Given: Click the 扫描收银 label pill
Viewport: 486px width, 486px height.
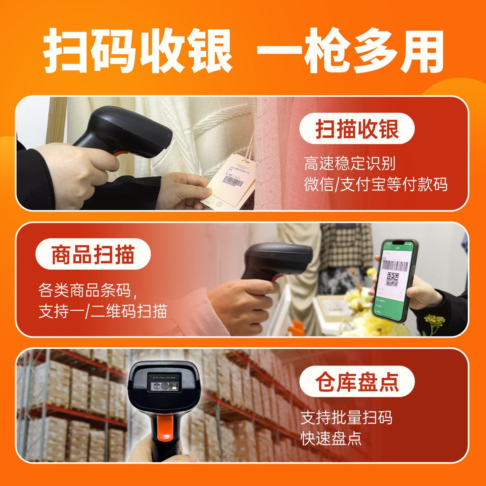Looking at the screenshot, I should pyautogui.click(x=357, y=129).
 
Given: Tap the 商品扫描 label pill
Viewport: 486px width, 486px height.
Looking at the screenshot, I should pyautogui.click(x=93, y=254).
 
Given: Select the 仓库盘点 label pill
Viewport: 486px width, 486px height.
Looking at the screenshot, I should pyautogui.click(x=357, y=382).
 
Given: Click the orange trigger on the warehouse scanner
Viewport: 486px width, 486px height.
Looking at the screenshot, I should pyautogui.click(x=165, y=427).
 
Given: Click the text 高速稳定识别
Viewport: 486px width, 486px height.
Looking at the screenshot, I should pyautogui.click(x=350, y=164).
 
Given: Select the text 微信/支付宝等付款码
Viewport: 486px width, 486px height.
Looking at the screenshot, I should pyautogui.click(x=376, y=185).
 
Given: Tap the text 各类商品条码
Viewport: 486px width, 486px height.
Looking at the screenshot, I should pyautogui.click(x=85, y=290).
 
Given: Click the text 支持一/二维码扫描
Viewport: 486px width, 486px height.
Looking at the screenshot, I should pyautogui.click(x=103, y=311).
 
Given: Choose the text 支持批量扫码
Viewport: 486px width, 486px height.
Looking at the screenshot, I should pyautogui.click(x=346, y=418).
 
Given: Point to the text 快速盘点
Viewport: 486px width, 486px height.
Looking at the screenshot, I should pyautogui.click(x=331, y=439).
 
